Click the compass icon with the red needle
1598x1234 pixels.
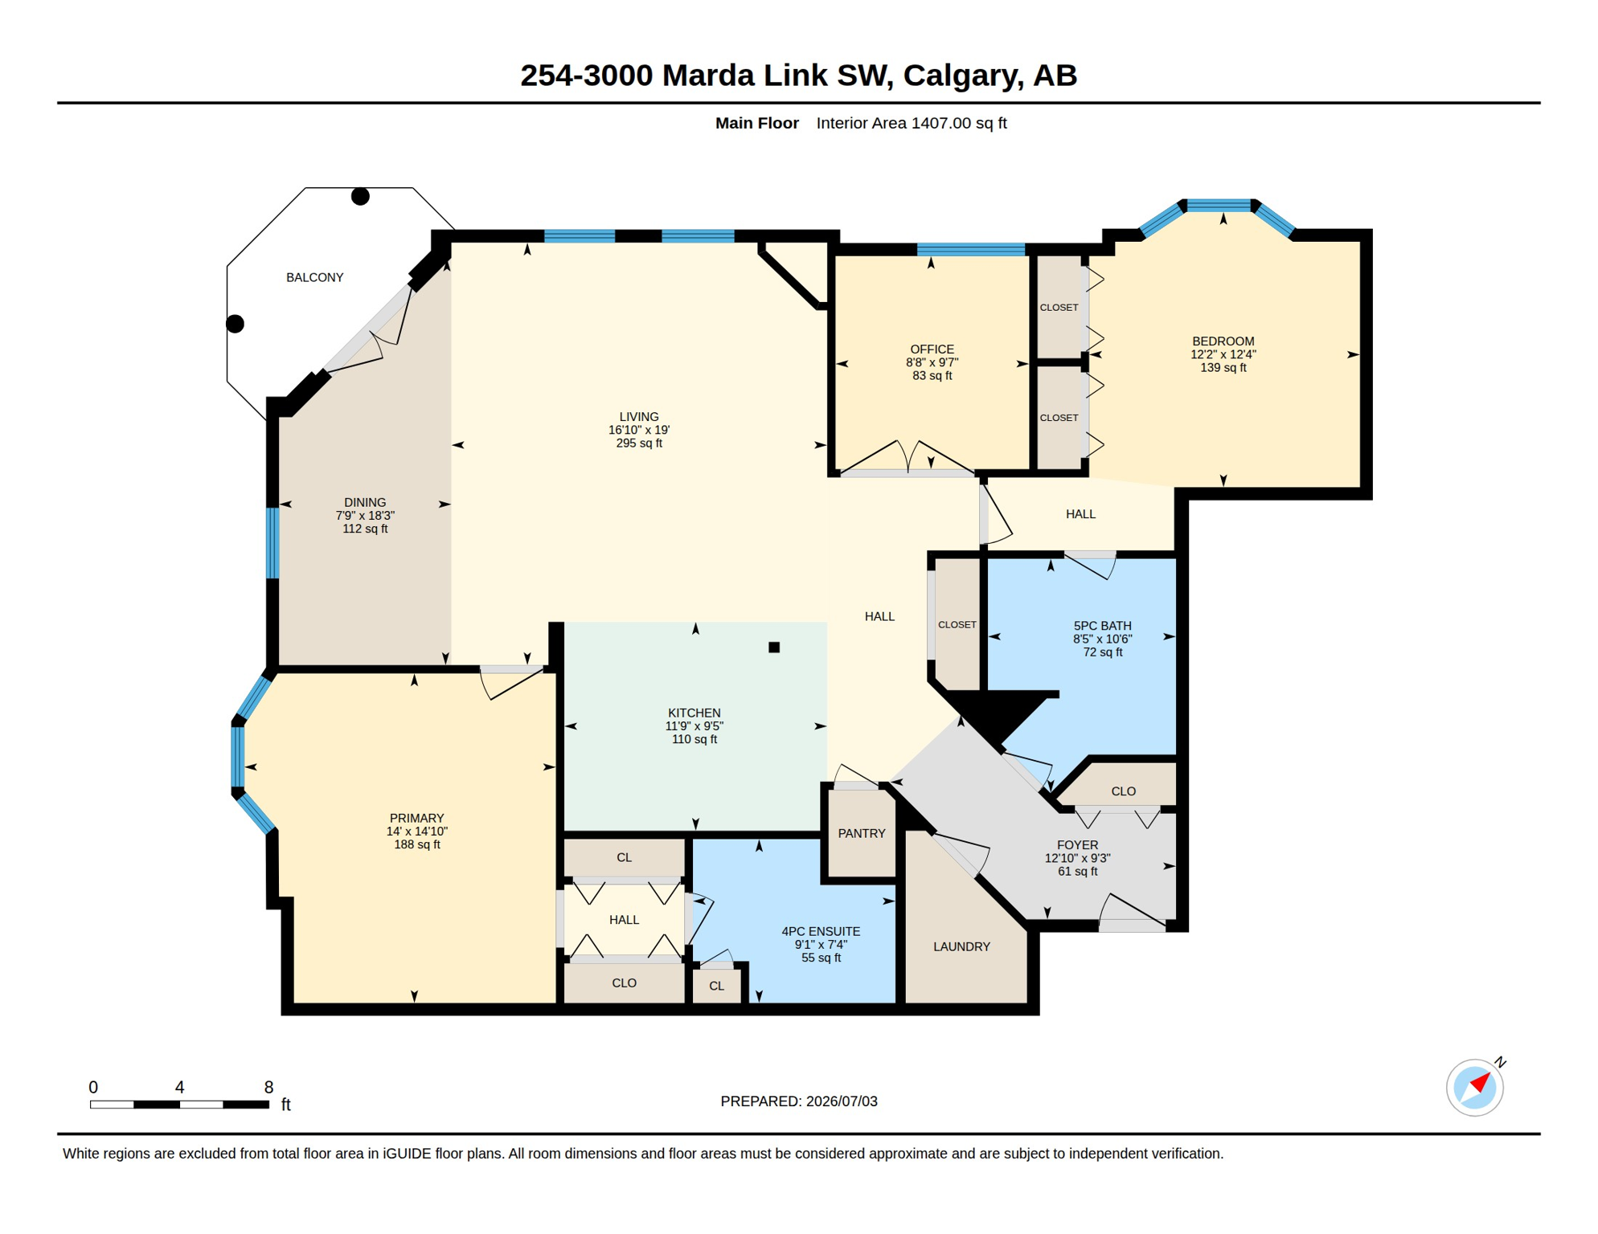click(x=1475, y=1088)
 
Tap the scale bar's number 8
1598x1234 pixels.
click(x=268, y=1088)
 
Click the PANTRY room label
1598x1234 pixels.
click(x=862, y=834)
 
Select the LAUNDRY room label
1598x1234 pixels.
click(x=961, y=947)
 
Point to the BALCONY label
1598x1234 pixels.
click(x=315, y=278)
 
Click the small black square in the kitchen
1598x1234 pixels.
click(x=774, y=648)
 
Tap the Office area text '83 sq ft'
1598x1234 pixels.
click(x=932, y=376)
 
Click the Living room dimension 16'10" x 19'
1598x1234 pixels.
click(x=639, y=430)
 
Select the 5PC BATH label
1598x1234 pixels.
click(x=1103, y=626)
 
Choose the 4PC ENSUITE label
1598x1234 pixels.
click(x=821, y=932)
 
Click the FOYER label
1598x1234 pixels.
click(x=1077, y=845)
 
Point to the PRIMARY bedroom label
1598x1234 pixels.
click(x=416, y=819)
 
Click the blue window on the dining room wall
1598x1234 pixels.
click(x=273, y=543)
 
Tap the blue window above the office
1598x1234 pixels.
click(x=971, y=250)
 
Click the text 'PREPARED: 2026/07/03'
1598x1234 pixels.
click(x=799, y=1101)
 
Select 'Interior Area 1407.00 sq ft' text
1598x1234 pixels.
click(x=912, y=123)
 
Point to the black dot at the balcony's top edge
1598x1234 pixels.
click(x=360, y=196)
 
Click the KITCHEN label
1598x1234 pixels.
click(x=695, y=713)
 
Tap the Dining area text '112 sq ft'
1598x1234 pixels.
click(x=365, y=529)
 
